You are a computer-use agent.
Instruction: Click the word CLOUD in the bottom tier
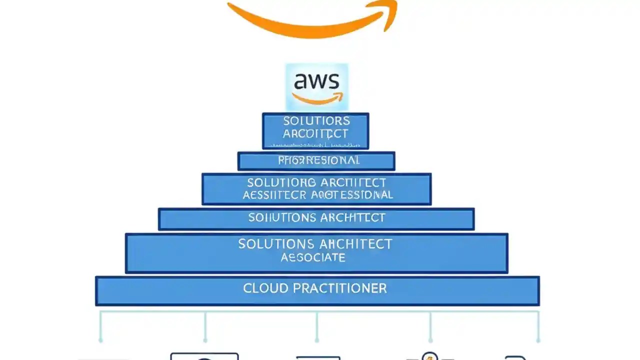click(x=265, y=288)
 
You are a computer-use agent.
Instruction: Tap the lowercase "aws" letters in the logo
click(x=317, y=81)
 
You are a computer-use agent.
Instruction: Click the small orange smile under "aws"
click(x=318, y=98)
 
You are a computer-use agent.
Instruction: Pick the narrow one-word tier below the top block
click(x=316, y=161)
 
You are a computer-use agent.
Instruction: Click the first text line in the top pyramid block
click(x=316, y=121)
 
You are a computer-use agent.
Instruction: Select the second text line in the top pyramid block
click(x=315, y=134)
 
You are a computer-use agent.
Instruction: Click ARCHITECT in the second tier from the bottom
click(x=355, y=244)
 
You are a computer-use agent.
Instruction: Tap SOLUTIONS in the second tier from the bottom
click(x=275, y=244)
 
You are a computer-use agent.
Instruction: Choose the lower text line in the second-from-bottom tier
click(x=313, y=258)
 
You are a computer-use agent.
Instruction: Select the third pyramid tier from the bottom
click(x=316, y=218)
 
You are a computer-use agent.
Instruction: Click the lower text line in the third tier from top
click(x=317, y=195)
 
